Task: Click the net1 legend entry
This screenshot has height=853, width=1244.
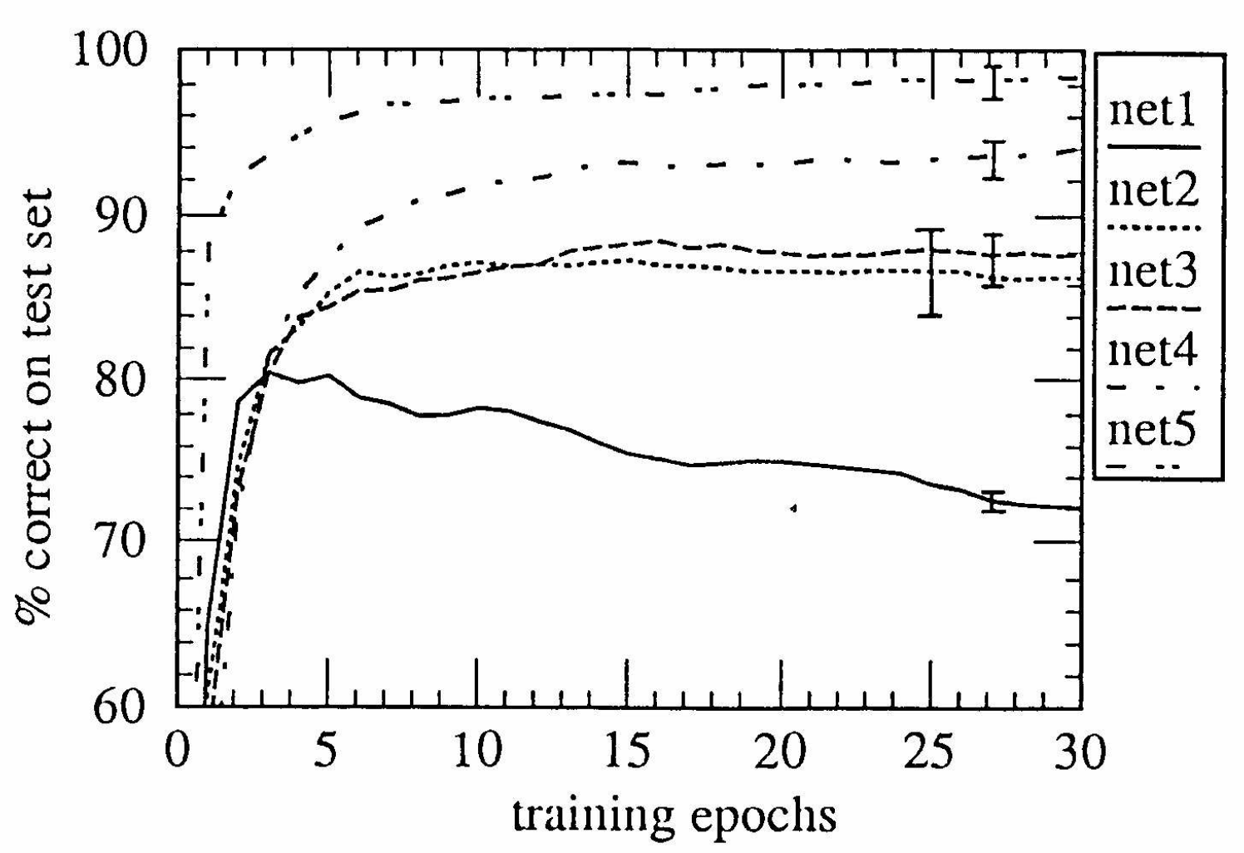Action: [x=1153, y=111]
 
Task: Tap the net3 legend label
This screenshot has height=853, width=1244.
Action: [x=1153, y=273]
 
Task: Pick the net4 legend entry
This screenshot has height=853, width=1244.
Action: [x=1153, y=353]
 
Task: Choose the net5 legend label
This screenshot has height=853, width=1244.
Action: [x=1152, y=431]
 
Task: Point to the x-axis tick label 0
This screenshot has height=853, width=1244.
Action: [x=176, y=753]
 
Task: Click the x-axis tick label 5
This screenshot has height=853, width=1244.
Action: [x=328, y=753]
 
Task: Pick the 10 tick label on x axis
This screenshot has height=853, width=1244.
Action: [x=478, y=753]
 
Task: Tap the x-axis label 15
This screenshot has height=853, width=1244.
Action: [x=629, y=753]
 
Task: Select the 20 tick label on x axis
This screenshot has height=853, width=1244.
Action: [x=781, y=753]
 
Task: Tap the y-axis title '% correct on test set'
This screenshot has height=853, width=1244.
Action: [x=37, y=404]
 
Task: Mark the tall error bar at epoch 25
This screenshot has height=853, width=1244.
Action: [x=931, y=273]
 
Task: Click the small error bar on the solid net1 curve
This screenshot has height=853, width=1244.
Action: [x=992, y=502]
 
